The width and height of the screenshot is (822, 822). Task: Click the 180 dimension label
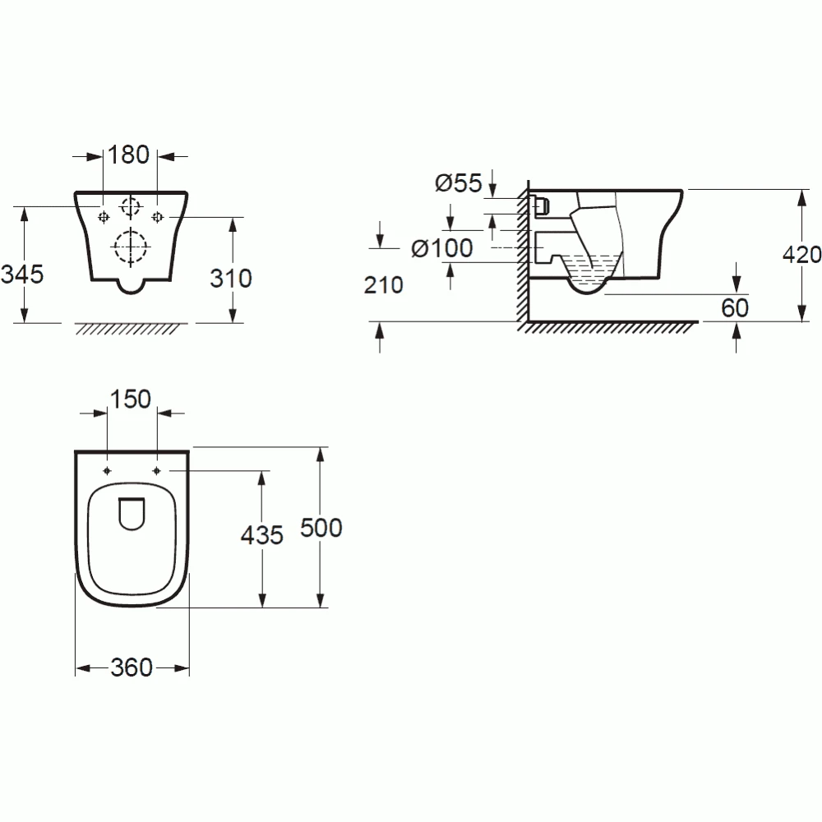[129, 155]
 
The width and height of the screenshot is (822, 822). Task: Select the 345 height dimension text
[21, 274]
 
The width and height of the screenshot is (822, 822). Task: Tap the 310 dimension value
[231, 279]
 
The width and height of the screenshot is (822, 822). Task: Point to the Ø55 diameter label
[458, 183]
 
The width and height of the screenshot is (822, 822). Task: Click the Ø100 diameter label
[441, 248]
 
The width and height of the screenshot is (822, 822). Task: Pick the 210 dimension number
[383, 285]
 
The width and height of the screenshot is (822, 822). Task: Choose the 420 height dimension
[801, 255]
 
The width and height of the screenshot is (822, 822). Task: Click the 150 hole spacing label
[132, 399]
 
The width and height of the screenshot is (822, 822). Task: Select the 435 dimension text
[261, 536]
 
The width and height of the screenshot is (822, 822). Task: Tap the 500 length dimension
[321, 529]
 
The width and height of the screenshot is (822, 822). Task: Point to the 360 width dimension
[132, 668]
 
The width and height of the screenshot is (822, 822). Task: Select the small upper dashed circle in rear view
[130, 205]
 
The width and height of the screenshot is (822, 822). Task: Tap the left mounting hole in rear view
[104, 217]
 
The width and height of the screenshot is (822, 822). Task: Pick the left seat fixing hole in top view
[108, 470]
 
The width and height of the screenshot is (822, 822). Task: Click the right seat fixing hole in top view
[156, 470]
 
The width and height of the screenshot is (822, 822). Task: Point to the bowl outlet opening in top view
[132, 514]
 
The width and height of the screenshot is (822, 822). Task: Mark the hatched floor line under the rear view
[130, 328]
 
